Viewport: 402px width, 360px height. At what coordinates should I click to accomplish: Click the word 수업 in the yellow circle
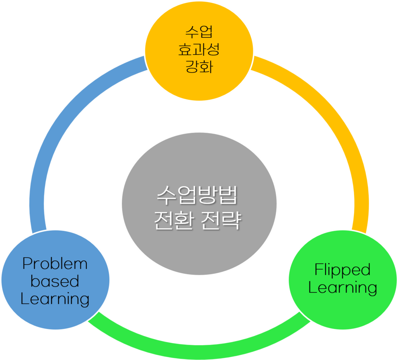[x=199, y=33]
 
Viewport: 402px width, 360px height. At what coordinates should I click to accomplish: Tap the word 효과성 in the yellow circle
[x=199, y=50]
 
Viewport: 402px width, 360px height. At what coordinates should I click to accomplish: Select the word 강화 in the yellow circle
[x=199, y=66]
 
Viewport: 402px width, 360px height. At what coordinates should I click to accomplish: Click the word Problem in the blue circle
[x=55, y=264]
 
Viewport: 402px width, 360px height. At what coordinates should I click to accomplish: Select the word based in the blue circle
[x=55, y=281]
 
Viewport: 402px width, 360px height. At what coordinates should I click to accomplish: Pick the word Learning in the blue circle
[x=55, y=299]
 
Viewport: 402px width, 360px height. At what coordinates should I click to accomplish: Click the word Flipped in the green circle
[x=343, y=270]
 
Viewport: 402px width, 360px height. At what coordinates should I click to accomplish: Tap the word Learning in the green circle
[x=343, y=288]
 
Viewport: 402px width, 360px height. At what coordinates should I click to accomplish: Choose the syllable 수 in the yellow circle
[x=191, y=33]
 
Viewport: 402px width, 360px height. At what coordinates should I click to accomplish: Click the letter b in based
[x=35, y=281]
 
